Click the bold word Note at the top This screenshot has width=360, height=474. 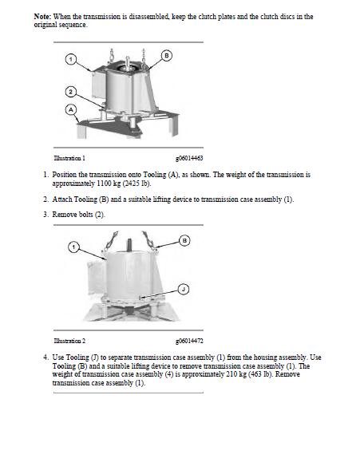(42, 16)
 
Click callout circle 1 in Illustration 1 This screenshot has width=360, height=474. (70, 59)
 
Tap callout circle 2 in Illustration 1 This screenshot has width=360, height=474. (70, 92)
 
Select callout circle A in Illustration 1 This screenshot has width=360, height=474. (71, 109)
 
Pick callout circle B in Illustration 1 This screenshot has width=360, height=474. (166, 56)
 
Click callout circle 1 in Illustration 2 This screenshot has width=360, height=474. (73, 247)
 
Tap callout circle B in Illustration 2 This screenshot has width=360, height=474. (184, 241)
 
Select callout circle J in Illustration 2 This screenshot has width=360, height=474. (184, 289)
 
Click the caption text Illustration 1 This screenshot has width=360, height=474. (69, 158)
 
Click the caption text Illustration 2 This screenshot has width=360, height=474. (69, 341)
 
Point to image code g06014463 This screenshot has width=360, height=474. (189, 158)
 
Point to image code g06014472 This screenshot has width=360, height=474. (189, 341)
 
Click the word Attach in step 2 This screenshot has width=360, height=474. (62, 199)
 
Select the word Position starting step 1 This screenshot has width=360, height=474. (65, 175)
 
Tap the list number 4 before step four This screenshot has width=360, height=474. (45, 357)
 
